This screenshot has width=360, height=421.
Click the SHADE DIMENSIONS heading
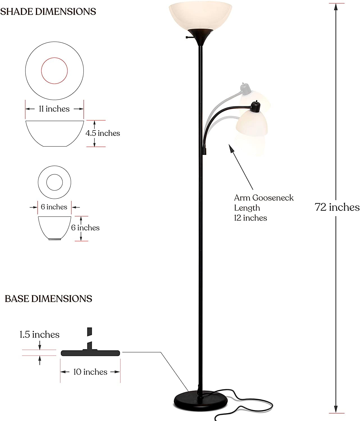click(x=48, y=12)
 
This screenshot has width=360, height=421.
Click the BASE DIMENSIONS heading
click(x=49, y=299)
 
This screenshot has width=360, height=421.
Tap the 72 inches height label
click(x=337, y=207)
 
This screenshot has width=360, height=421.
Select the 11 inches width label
click(x=54, y=109)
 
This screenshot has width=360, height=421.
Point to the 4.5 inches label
click(x=103, y=133)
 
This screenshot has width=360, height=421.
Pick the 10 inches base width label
click(x=90, y=372)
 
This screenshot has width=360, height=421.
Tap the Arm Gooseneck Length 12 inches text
click(x=264, y=208)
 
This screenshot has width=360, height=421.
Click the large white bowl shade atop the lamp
click(x=200, y=15)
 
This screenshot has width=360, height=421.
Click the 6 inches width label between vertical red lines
click(x=54, y=207)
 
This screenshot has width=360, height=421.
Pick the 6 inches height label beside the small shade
click(x=85, y=228)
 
